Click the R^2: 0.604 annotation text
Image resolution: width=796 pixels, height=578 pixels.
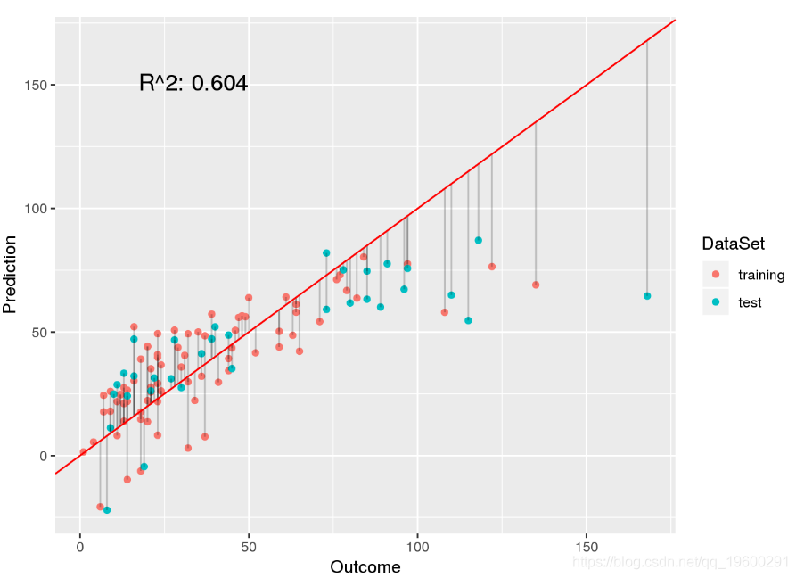click(x=193, y=84)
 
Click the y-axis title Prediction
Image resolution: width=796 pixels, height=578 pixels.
click(x=11, y=274)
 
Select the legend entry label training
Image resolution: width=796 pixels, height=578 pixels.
click(x=761, y=275)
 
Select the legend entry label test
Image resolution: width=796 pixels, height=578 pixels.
click(x=750, y=302)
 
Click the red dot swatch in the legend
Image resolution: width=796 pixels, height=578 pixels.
click(x=716, y=275)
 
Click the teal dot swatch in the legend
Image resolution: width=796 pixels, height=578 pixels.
click(x=716, y=302)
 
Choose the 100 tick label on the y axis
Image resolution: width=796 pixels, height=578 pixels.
click(x=36, y=209)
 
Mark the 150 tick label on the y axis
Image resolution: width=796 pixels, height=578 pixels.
click(x=36, y=86)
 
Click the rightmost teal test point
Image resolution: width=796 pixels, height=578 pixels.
click(x=647, y=296)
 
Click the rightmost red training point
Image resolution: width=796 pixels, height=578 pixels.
click(x=536, y=285)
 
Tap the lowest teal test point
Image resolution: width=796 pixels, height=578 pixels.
click(x=107, y=510)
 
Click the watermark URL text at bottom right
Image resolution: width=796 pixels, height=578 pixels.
click(x=680, y=562)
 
